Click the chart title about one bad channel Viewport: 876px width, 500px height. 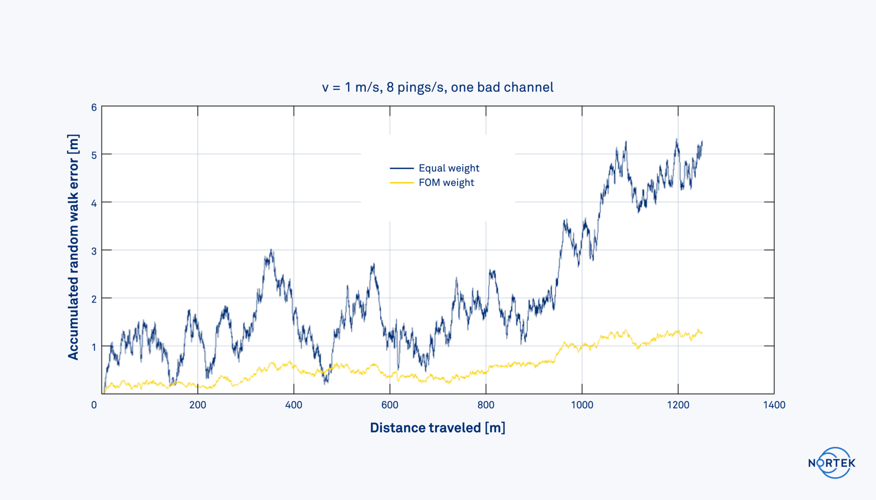click(438, 87)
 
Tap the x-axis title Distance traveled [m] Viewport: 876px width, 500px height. click(438, 428)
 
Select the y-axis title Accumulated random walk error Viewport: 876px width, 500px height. click(73, 247)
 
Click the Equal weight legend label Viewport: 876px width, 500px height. click(449, 168)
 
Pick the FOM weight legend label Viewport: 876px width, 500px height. click(446, 182)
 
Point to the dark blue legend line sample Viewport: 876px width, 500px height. click(402, 168)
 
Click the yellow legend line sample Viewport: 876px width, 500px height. click(402, 183)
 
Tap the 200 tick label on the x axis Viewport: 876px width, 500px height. click(198, 405)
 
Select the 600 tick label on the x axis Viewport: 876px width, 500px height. click(390, 405)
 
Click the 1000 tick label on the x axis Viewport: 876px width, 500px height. click(582, 405)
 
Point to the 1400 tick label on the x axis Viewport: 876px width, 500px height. click(774, 405)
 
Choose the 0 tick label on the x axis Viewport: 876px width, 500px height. click(94, 405)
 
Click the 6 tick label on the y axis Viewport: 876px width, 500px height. click(94, 108)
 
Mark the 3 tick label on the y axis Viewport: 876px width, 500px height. click(94, 251)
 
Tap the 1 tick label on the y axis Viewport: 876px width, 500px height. click(94, 347)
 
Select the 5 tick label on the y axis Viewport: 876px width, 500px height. click(94, 155)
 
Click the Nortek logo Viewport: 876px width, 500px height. click(832, 463)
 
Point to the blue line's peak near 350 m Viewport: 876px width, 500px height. click(271, 250)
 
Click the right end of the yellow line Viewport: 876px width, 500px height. click(702, 332)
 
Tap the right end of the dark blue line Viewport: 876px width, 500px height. click(702, 142)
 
